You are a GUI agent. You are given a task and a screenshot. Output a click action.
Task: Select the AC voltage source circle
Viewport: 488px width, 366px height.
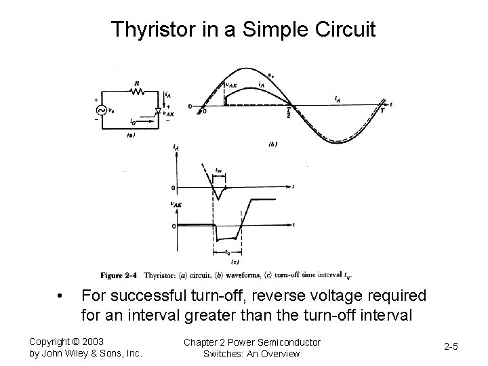pyautogui.click(x=104, y=110)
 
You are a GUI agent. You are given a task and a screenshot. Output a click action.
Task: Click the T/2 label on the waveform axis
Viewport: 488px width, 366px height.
pyautogui.click(x=289, y=113)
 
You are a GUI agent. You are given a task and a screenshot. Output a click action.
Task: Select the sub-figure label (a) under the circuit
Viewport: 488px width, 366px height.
pyautogui.click(x=132, y=134)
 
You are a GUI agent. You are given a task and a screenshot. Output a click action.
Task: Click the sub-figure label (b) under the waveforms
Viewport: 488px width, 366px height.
pyautogui.click(x=272, y=144)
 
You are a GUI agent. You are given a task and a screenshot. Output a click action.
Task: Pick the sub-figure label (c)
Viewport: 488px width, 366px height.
pyautogui.click(x=235, y=262)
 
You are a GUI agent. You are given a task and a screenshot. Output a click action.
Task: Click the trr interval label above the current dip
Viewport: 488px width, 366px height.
pyautogui.click(x=218, y=172)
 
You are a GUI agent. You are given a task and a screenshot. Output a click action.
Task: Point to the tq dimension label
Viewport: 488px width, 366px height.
pyautogui.click(x=227, y=252)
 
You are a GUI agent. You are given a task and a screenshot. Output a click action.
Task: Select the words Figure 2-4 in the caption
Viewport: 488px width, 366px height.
pyautogui.click(x=121, y=275)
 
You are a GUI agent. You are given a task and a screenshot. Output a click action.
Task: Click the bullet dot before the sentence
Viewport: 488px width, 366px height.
pyautogui.click(x=60, y=296)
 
